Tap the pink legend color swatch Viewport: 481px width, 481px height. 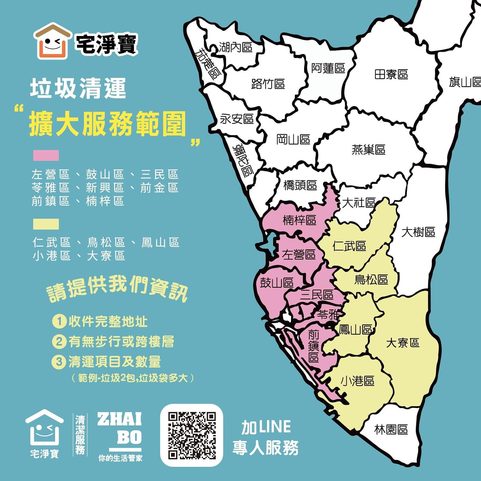point(46,155)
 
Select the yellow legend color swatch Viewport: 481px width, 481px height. point(46,224)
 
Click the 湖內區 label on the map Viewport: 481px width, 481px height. point(235,47)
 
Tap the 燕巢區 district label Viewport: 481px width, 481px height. point(368,149)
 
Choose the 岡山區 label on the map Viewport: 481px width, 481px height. point(293,139)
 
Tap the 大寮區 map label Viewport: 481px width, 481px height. point(403,343)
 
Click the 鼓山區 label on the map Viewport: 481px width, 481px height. point(277,282)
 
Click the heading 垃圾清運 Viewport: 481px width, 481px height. point(78,89)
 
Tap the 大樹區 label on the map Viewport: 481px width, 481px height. point(418,232)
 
